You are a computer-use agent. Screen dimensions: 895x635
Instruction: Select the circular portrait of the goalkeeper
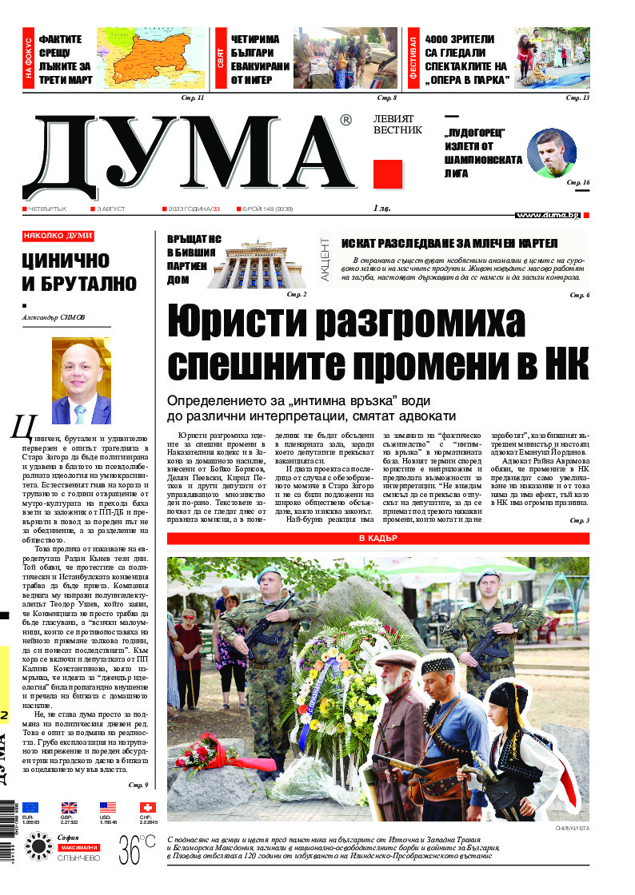pyautogui.click(x=553, y=153)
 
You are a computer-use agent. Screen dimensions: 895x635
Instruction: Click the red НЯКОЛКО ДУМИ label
pyautogui.click(x=58, y=237)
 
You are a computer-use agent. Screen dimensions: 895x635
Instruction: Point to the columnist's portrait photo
pyautogui.click(x=81, y=380)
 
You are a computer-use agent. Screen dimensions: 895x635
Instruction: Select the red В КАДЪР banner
pyautogui.click(x=377, y=539)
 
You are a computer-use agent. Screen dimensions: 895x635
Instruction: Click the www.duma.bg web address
pyautogui.click(x=547, y=215)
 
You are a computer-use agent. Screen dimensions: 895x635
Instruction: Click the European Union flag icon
pyautogui.click(x=30, y=806)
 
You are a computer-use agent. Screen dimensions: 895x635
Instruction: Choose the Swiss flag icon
pyautogui.click(x=147, y=806)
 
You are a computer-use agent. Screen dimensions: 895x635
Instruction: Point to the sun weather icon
pyautogui.click(x=38, y=846)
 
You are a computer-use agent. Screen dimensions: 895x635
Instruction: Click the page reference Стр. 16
pyautogui.click(x=578, y=183)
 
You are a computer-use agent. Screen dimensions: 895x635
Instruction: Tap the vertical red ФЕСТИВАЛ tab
pyautogui.click(x=413, y=57)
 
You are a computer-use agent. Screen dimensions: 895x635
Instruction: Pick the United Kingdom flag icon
pyautogui.click(x=69, y=806)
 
